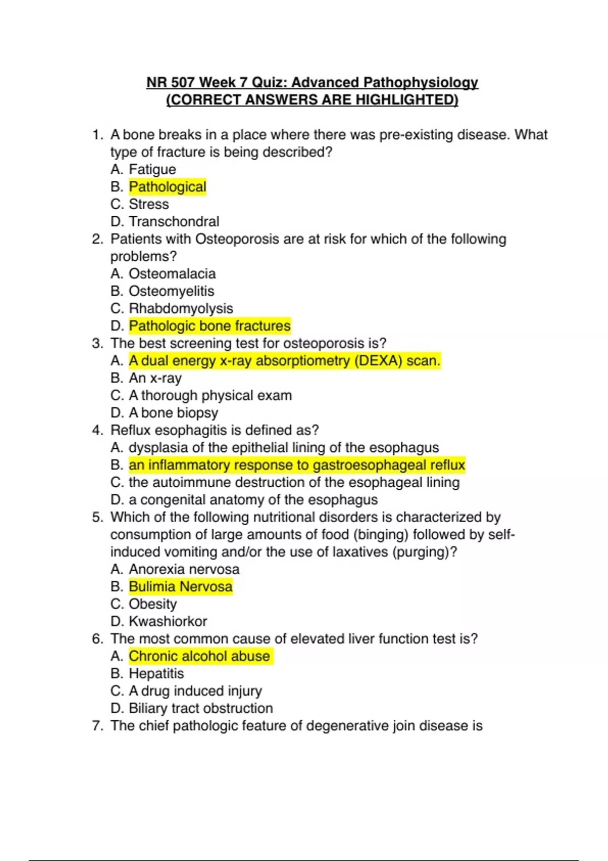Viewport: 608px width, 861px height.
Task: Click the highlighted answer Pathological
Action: coord(167,187)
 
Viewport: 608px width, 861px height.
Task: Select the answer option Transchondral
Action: coord(174,221)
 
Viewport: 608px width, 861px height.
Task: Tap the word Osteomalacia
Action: coord(172,273)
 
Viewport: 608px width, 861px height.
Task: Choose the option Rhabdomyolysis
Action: coord(181,308)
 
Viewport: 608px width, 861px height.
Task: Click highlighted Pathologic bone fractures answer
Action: coord(210,326)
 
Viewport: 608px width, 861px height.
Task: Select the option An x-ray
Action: coord(155,378)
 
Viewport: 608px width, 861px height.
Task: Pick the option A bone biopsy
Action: coord(173,413)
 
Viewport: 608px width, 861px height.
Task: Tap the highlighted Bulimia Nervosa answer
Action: coord(180,586)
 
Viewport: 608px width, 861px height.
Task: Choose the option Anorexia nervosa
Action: coord(184,569)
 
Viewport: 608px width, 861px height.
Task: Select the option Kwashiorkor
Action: coord(168,621)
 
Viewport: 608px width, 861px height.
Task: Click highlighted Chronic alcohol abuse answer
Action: coord(199,656)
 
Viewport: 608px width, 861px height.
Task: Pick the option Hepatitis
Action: coord(156,674)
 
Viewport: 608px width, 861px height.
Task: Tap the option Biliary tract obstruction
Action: coord(201,708)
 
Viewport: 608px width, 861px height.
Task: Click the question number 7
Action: coord(97,726)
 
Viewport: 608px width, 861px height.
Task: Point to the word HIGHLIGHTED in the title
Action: coord(406,100)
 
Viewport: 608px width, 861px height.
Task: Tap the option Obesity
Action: coord(153,604)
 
